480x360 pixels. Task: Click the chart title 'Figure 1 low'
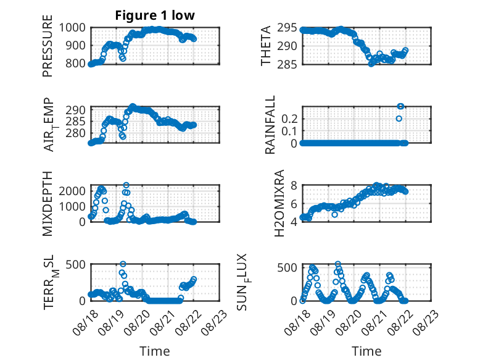click(155, 15)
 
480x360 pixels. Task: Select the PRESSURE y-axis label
click(48, 46)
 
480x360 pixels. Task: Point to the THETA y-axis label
click(266, 46)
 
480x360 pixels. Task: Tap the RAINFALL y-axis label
click(270, 125)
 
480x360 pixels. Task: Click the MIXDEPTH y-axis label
click(48, 204)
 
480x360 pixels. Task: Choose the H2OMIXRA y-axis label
click(279, 203)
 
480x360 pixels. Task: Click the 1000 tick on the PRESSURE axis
click(72, 28)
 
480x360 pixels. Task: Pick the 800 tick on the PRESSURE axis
click(75, 64)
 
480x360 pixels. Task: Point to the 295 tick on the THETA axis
click(287, 28)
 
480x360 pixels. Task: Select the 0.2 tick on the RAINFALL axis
click(289, 119)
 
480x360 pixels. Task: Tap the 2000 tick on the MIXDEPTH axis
click(72, 191)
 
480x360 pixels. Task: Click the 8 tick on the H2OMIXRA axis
click(294, 185)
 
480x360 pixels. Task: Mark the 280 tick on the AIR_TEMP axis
click(76, 133)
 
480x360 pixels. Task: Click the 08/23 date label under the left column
click(215, 322)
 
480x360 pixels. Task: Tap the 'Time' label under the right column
click(366, 351)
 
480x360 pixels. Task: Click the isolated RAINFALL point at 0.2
click(399, 119)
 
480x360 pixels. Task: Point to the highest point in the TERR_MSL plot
click(123, 264)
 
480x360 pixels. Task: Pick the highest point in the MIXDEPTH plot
click(126, 185)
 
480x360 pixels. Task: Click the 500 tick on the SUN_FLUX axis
click(287, 267)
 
